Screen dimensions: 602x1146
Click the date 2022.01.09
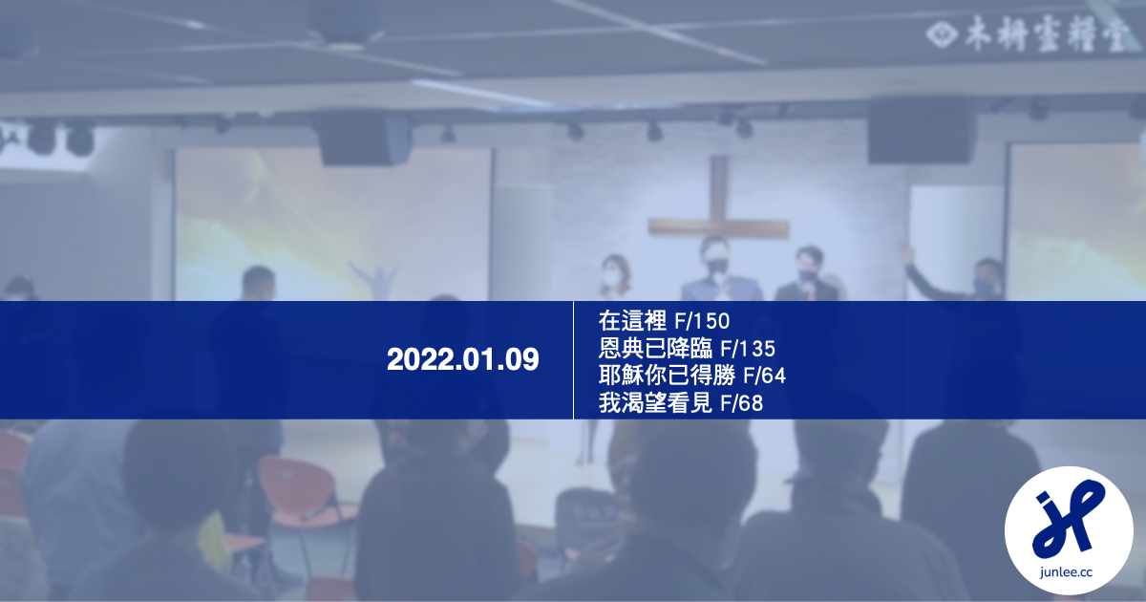(x=463, y=360)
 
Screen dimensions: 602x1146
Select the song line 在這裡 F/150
(x=664, y=320)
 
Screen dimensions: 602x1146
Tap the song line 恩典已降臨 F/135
(x=687, y=348)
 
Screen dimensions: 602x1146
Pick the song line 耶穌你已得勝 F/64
(x=691, y=376)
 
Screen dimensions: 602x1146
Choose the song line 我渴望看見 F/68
(x=681, y=403)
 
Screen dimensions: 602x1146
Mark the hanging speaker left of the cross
(x=364, y=140)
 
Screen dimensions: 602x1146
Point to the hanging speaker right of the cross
(x=920, y=131)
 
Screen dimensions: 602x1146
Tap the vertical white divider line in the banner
(x=573, y=360)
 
